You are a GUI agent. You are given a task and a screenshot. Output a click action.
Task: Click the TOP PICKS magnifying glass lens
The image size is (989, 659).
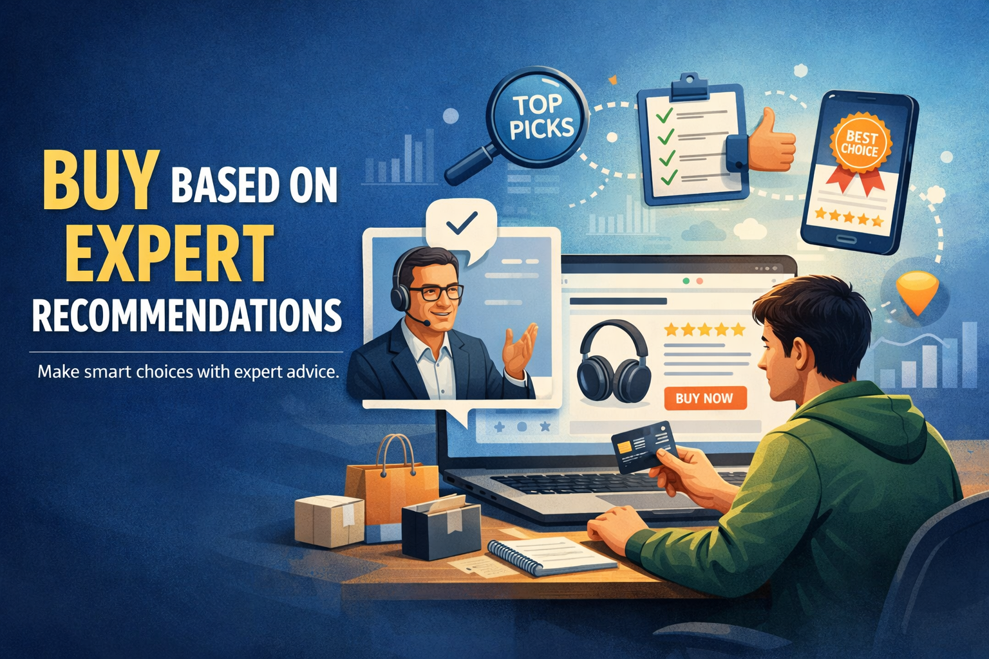point(538,116)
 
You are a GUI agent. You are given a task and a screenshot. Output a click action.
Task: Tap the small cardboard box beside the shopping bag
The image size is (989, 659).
point(330,521)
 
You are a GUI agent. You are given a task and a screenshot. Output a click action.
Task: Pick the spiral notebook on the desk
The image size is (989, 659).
point(552,555)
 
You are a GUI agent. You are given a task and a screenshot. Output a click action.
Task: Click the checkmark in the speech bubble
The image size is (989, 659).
point(462,222)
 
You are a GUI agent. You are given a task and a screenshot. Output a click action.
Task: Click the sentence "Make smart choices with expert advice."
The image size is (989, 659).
point(188,371)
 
